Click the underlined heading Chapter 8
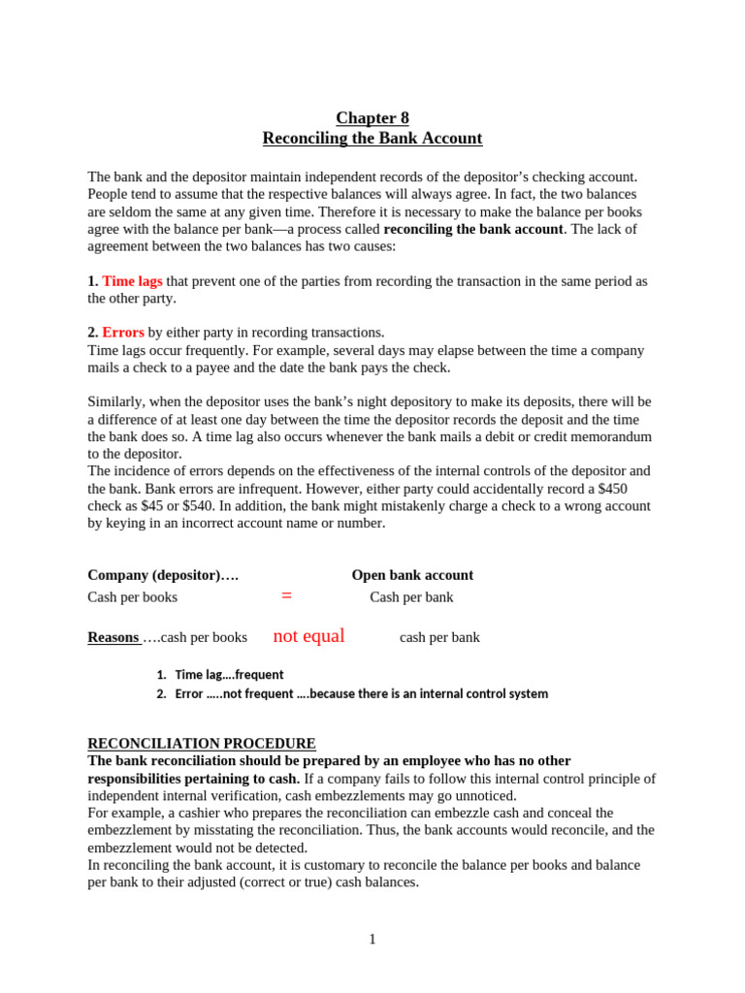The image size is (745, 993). (x=372, y=118)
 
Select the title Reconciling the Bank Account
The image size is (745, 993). (x=372, y=139)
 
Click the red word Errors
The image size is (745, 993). (x=123, y=333)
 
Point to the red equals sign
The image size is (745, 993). (x=286, y=596)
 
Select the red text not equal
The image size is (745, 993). (x=308, y=636)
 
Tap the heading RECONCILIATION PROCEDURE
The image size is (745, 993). (x=202, y=744)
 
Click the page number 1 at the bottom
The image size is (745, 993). (x=372, y=940)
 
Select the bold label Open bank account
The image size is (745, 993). (x=412, y=575)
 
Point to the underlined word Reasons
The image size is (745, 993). (x=113, y=637)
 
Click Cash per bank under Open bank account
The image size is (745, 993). (x=411, y=597)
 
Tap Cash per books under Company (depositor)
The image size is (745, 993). (x=133, y=597)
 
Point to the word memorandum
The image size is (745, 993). (x=608, y=436)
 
